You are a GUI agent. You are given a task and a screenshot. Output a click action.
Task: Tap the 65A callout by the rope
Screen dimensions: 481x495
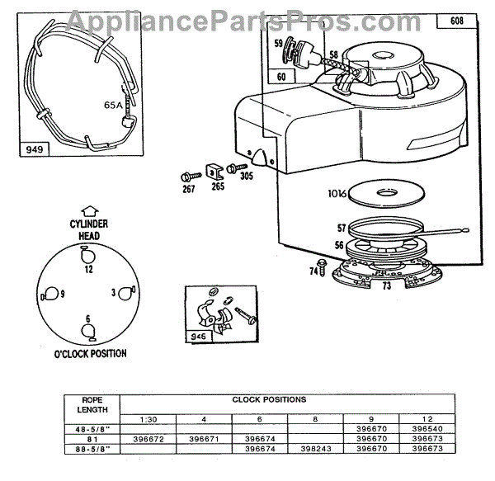coord(111,106)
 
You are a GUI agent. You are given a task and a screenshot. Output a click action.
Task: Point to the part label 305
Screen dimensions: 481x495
coord(246,176)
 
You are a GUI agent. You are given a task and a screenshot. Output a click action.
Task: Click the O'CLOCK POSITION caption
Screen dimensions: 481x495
coord(89,354)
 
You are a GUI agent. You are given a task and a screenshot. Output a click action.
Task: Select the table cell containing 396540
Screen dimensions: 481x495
coord(439,428)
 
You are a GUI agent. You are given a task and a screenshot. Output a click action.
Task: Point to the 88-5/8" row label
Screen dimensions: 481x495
coord(91,449)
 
